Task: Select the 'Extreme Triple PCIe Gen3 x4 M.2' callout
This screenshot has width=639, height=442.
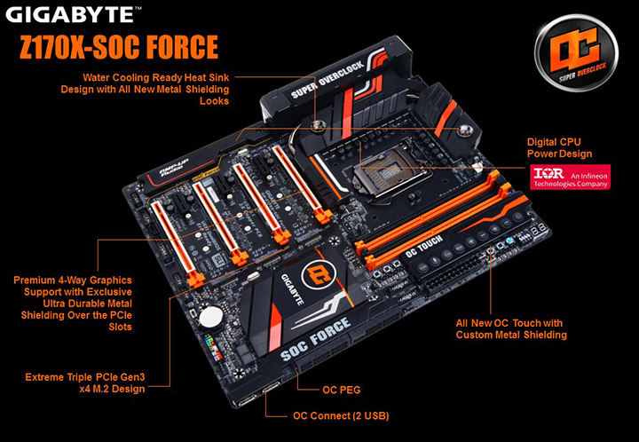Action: point(84,383)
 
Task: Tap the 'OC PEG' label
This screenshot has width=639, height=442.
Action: point(340,389)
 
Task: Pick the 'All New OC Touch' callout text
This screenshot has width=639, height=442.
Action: point(510,329)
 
